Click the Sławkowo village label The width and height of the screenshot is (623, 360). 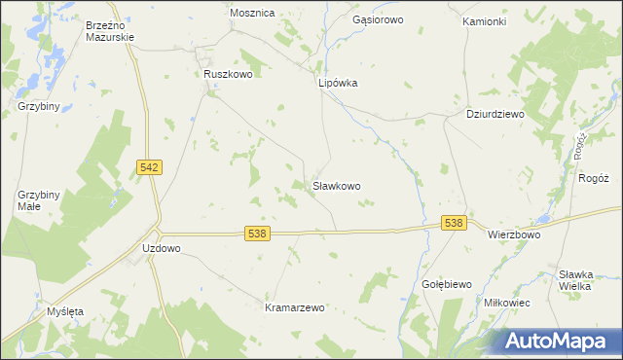pos(337,185)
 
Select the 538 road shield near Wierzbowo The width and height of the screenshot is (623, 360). pos(453,223)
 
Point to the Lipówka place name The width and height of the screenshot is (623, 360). pos(338,83)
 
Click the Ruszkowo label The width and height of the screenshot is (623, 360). pos(228,73)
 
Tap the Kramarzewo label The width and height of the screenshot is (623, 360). pos(294,307)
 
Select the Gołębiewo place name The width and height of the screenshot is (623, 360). pos(447,284)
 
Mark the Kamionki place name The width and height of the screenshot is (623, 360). pos(484,20)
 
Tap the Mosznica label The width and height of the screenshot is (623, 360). pos(252,13)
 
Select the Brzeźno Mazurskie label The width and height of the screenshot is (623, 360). pos(109,30)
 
